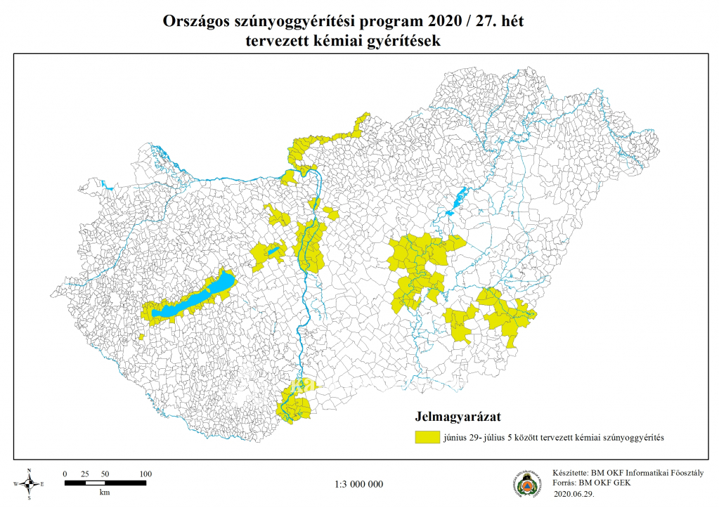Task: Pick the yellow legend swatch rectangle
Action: (426, 437)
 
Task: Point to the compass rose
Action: (29, 483)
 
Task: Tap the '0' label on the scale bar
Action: (65, 474)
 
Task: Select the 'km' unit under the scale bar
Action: (104, 493)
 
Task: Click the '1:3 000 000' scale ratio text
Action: (358, 484)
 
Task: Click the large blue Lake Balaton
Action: (193, 298)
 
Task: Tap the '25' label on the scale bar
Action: (84, 474)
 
